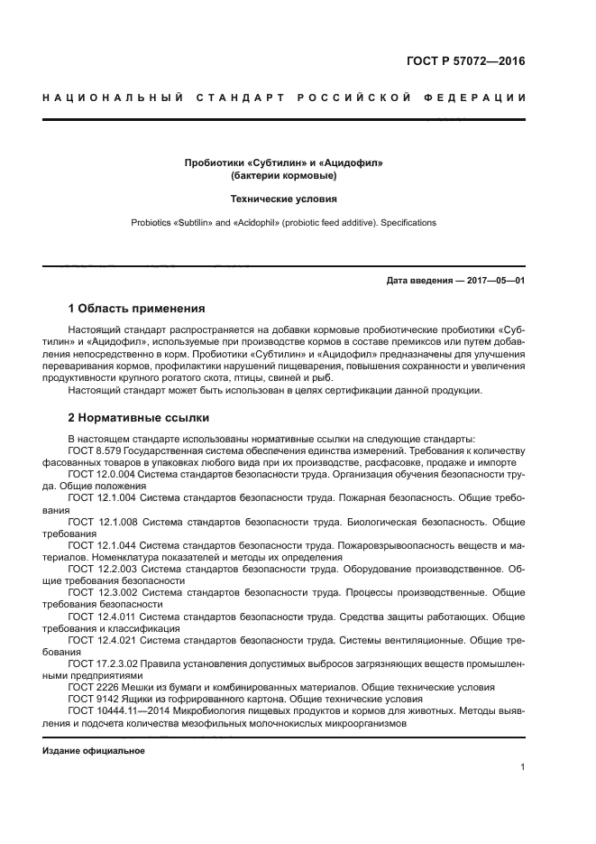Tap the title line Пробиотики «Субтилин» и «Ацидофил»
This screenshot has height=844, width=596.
click(x=284, y=162)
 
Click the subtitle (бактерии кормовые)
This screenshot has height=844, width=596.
click(x=284, y=175)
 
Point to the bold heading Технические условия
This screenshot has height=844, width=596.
click(x=284, y=199)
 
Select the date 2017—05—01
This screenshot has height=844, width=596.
click(x=493, y=281)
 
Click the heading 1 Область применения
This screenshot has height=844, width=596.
click(x=136, y=308)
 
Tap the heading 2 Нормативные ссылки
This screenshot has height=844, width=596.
click(x=139, y=418)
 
